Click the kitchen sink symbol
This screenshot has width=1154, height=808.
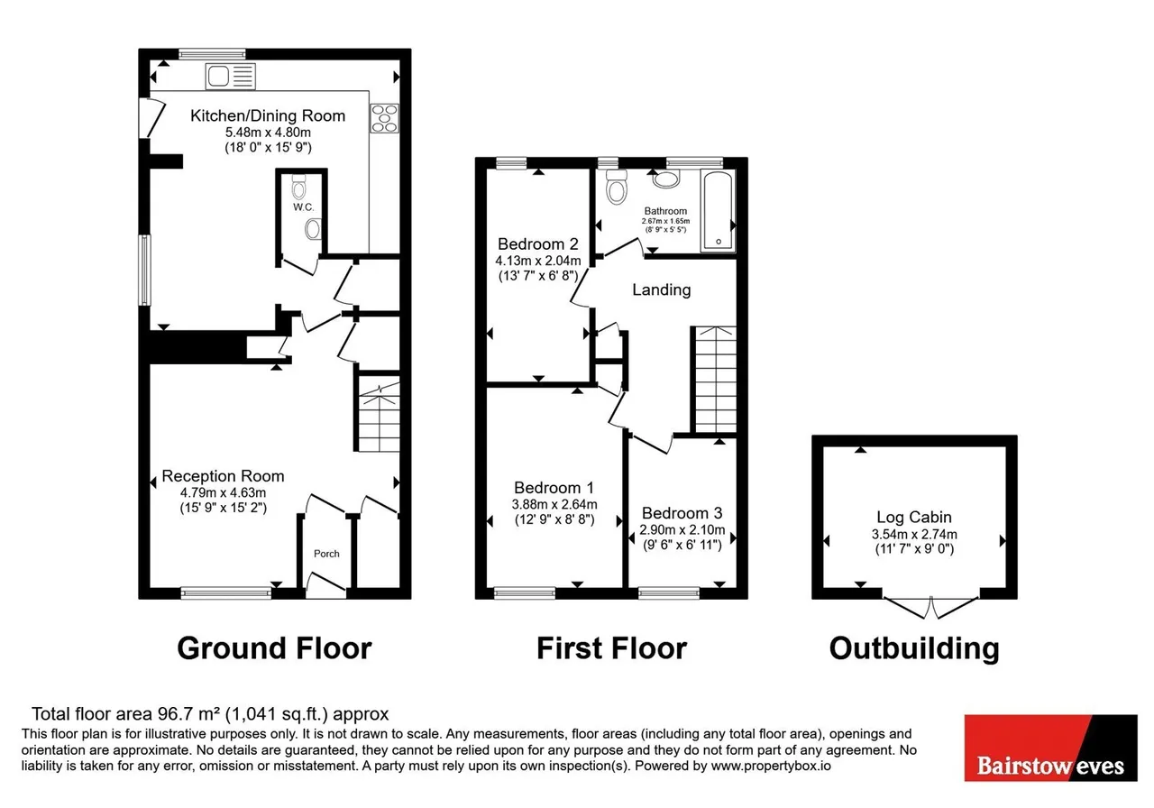(230, 77)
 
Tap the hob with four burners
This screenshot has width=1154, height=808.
(384, 118)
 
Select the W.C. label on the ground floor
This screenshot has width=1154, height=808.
(304, 207)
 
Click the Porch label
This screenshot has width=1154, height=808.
(326, 554)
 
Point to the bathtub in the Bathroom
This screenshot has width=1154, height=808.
(718, 212)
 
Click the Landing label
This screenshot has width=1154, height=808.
(662, 289)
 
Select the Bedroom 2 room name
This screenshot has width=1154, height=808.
(538, 243)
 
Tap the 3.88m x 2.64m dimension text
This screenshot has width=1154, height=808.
(554, 504)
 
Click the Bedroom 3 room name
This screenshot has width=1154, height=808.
(682, 513)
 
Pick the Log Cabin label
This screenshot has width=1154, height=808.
(914, 517)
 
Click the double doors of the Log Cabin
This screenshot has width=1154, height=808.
(931, 608)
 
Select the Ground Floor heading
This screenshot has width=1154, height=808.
(274, 648)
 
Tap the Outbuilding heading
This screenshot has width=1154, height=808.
(914, 648)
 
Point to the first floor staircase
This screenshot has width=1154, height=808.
(716, 380)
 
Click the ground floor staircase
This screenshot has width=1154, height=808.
(379, 414)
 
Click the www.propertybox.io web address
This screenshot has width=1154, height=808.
(771, 766)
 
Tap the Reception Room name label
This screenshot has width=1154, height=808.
(223, 475)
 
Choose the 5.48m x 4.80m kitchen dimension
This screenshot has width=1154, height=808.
(268, 132)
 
